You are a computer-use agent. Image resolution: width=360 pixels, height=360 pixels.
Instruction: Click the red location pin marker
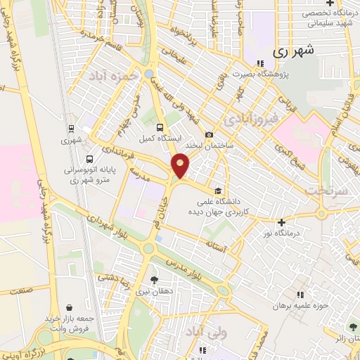pyautogui.click(x=181, y=165)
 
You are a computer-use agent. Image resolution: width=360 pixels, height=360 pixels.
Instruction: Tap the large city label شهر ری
pyautogui.click(x=290, y=51)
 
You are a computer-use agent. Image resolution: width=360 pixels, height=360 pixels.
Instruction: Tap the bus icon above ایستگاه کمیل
pyautogui.click(x=160, y=127)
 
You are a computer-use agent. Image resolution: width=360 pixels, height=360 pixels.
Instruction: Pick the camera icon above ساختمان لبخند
pyautogui.click(x=209, y=135)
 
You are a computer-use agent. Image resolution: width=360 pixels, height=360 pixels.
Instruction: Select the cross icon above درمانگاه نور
pyautogui.click(x=281, y=222)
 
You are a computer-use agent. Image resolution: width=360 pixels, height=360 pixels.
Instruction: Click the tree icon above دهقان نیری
pyautogui.click(x=154, y=280)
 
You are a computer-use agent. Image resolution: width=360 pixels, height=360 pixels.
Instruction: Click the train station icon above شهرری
pyautogui.click(x=70, y=129)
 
